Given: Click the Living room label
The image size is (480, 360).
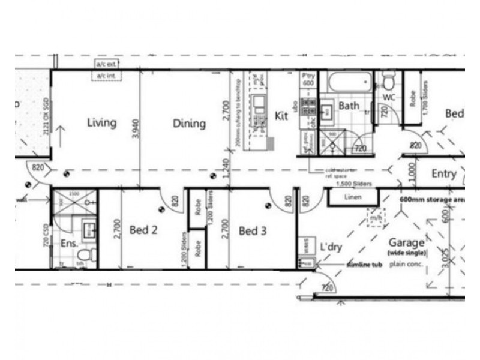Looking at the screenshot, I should click(101, 123).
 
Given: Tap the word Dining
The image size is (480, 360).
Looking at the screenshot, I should click(189, 124).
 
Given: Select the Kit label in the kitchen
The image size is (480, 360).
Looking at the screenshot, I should click(281, 116).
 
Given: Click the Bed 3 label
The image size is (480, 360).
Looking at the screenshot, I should click(252, 230).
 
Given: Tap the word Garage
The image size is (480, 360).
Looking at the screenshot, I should click(407, 243).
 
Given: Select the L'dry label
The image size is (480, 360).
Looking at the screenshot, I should click(331, 246).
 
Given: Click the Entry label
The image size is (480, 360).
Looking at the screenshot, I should click(444, 174).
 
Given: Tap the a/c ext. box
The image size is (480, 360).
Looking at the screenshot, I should click(106, 64).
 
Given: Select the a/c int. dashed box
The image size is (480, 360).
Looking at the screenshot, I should click(106, 76).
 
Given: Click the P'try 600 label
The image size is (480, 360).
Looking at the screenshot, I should click(308, 80).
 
